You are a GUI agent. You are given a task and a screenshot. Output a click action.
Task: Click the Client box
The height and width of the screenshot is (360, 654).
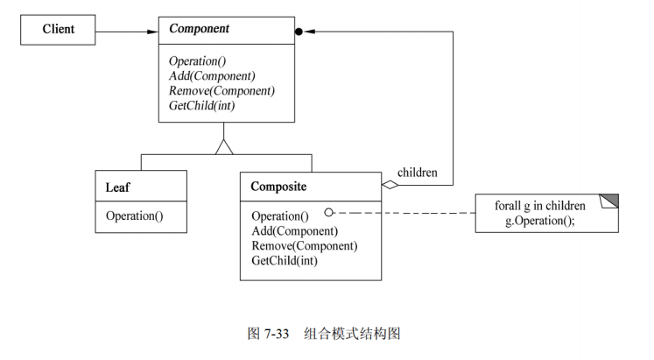tap(60, 30)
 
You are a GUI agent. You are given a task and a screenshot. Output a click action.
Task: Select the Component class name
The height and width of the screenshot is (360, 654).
tap(199, 29)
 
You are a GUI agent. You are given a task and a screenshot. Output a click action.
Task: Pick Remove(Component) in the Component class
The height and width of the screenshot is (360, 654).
tap(222, 91)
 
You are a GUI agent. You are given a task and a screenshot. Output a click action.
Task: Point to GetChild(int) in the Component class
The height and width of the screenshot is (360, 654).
tap(202, 106)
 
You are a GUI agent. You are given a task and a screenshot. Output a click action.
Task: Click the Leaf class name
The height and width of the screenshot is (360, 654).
tap(119, 187)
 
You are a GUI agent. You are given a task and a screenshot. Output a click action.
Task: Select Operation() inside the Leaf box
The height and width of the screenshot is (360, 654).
tap(134, 215)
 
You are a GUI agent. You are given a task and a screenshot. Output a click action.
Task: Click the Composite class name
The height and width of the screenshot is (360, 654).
tap(278, 187)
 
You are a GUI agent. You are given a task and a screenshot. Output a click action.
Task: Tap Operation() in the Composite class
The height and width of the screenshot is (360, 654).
tap(279, 215)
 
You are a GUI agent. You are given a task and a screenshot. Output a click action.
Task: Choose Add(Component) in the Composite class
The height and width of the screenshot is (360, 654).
tap(294, 230)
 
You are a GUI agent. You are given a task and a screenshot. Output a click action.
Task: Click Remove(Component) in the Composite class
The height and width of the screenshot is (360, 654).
tap(304, 245)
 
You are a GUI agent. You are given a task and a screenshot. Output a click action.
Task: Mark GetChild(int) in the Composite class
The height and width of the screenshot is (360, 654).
tap(284, 260)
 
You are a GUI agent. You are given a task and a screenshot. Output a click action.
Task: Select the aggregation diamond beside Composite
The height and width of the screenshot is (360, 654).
tap(390, 185)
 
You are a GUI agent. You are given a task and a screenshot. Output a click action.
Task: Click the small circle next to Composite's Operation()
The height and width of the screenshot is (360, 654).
tap(329, 212)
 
